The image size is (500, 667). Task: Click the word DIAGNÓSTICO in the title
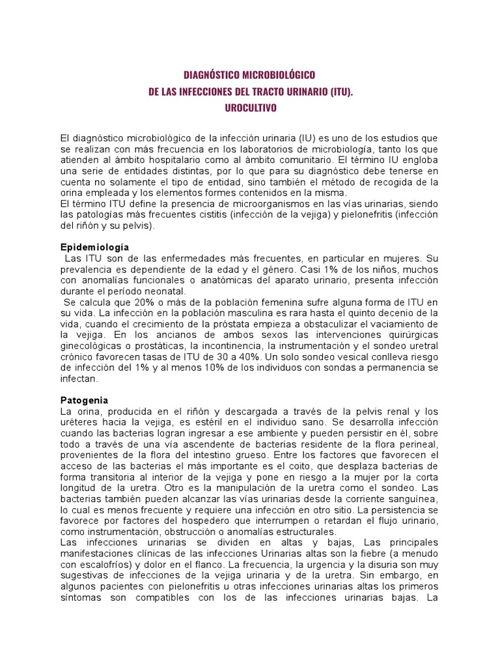pyautogui.click(x=214, y=76)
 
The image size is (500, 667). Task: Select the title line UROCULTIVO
pyautogui.click(x=250, y=108)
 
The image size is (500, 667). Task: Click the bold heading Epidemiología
pyautogui.click(x=94, y=248)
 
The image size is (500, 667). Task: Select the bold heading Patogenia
pyautogui.click(x=84, y=400)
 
